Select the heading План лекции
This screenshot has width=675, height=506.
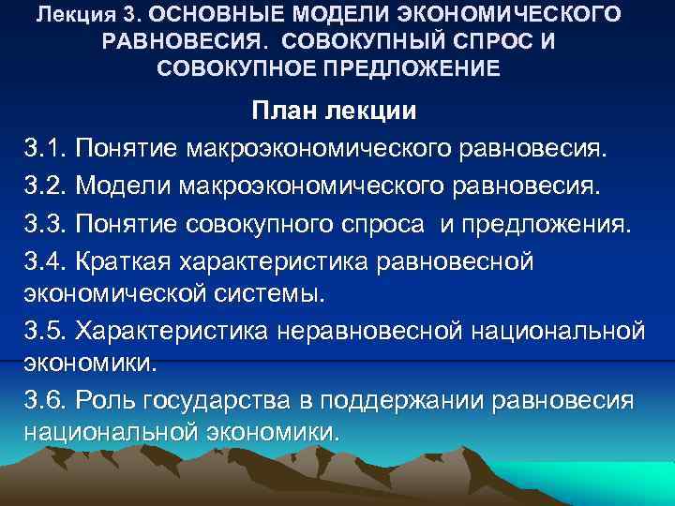click(x=334, y=112)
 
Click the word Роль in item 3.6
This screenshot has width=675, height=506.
click(x=108, y=400)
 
